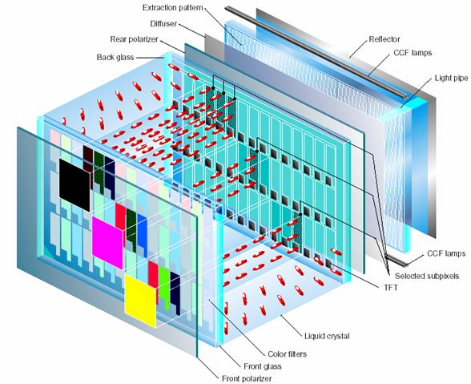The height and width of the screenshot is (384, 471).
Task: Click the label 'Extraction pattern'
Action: pos(173,7)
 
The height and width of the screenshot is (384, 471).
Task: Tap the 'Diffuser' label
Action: pos(163,23)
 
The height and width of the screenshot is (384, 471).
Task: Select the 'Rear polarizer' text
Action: pos(134,39)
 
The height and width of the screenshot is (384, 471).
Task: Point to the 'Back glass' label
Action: pos(115,57)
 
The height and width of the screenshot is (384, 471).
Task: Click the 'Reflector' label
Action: pos(384,39)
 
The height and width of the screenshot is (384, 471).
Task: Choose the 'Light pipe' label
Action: pos(451,79)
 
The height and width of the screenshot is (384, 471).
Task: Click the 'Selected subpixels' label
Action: pos(427,276)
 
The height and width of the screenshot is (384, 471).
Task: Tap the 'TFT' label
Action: pos(391,288)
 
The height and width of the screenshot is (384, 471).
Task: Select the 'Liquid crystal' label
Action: pos(327,336)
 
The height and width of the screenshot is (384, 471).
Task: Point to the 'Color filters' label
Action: pos(287,354)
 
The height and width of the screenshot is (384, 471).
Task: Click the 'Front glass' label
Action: pos(263,366)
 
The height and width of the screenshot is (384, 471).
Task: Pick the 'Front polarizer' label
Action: pos(247,378)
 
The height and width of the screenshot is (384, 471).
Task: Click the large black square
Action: pos(74,185)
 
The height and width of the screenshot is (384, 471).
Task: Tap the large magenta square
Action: pos(108,242)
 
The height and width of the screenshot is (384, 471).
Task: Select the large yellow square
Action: pos(141,301)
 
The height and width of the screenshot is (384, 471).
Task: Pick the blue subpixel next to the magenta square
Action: pos(143,235)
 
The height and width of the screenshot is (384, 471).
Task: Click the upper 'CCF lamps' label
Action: pos(413,53)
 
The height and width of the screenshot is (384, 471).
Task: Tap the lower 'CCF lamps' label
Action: pos(446,253)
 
